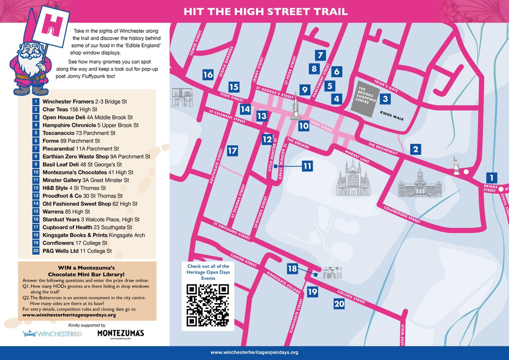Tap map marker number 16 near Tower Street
(208, 75)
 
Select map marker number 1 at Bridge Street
(491, 178)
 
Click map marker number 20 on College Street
(339, 304)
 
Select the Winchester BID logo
(53, 334)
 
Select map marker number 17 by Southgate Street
(232, 151)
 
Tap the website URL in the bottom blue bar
(255, 352)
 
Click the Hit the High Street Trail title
(266, 11)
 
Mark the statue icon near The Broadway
(456, 166)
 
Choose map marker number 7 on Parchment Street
(320, 55)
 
